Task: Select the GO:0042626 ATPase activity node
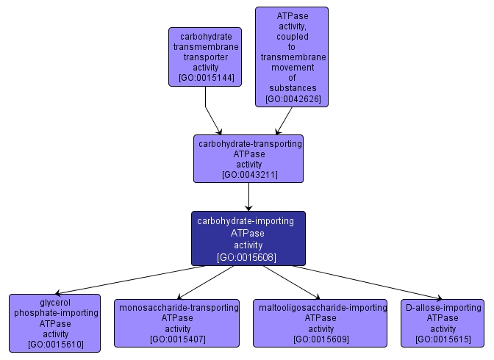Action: [x=291, y=56]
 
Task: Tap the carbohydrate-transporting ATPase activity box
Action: [x=248, y=158]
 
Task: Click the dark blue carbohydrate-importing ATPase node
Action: [x=248, y=238]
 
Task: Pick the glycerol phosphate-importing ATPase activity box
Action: [x=55, y=323]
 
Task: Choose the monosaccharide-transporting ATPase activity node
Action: [x=176, y=323]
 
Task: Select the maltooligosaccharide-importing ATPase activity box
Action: [x=320, y=323]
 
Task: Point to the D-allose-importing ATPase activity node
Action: [x=443, y=323]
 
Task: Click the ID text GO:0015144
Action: [x=206, y=78]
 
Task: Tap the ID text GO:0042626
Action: [x=293, y=98]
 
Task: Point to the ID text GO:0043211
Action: [x=248, y=175]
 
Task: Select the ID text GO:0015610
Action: [x=55, y=344]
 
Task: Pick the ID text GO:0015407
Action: [x=176, y=339]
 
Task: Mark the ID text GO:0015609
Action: [x=320, y=339]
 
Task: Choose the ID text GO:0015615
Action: [x=443, y=339]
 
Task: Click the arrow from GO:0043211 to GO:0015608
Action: [x=248, y=196]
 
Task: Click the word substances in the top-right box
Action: [x=293, y=88]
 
